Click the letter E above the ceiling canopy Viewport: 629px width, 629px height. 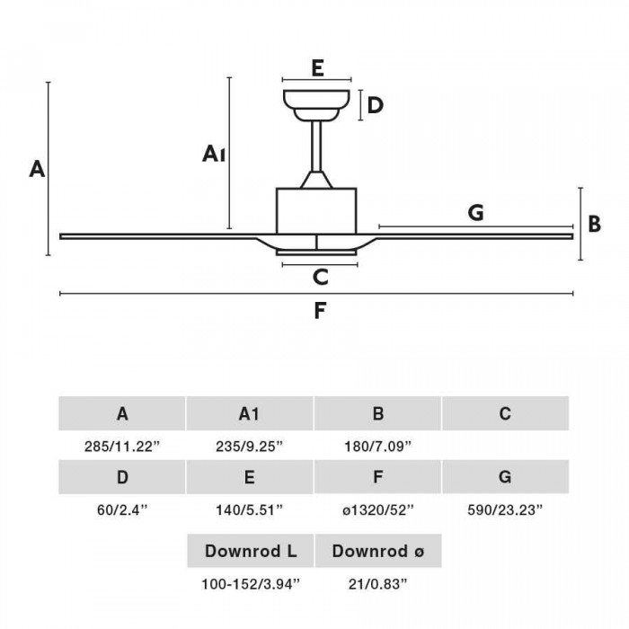tap(317, 67)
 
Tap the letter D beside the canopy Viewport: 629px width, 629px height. tap(376, 105)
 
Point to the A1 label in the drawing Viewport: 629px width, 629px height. tap(214, 154)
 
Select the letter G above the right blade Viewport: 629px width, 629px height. tap(475, 212)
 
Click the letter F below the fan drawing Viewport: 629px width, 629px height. tap(320, 311)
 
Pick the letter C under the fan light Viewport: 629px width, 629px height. tap(321, 277)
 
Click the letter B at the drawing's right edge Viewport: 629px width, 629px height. tap(595, 224)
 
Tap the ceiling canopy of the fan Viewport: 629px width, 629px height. tap(316, 105)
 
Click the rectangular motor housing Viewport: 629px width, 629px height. tap(316, 211)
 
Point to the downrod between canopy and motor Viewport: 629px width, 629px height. tap(316, 146)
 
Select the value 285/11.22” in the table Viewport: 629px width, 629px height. tap(122, 446)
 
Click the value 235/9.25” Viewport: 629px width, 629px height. tap(250, 446)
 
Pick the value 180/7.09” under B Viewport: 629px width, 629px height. tap(378, 446)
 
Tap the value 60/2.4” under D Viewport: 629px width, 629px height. tap(122, 509)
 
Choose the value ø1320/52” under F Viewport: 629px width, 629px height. tap(378, 509)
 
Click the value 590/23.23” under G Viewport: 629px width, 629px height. tap(505, 509)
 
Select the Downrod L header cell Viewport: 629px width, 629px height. tap(251, 551)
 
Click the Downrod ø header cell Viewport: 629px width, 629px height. tap(378, 551)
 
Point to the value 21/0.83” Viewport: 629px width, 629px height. tap(378, 584)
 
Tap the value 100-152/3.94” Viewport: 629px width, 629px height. tap(251, 584)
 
